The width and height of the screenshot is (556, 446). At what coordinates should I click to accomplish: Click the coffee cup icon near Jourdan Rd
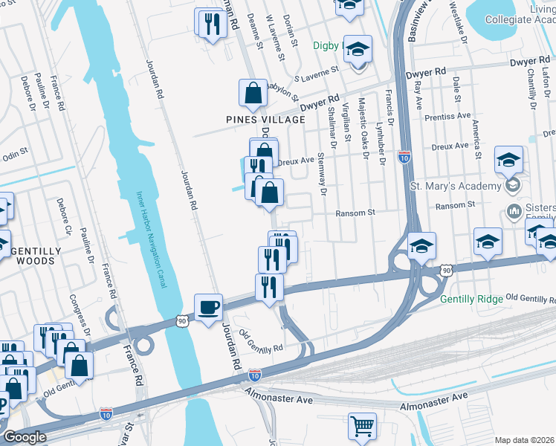(x=209, y=307)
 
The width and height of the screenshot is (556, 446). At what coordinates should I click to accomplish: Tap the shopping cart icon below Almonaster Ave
(x=361, y=426)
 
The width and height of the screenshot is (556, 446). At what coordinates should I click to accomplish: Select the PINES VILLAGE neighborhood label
(x=266, y=120)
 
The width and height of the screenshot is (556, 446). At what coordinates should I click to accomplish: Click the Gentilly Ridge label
(x=471, y=299)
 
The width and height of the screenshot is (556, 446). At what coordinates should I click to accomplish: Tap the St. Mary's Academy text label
(x=454, y=185)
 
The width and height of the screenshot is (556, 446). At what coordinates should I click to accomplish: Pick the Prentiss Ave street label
(x=447, y=117)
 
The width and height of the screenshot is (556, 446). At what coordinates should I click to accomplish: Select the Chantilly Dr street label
(x=531, y=82)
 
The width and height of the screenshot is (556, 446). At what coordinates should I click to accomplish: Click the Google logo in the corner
(x=24, y=437)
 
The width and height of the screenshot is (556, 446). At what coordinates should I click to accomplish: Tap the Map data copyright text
(x=525, y=440)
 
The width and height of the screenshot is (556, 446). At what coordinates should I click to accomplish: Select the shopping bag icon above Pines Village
(x=253, y=93)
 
